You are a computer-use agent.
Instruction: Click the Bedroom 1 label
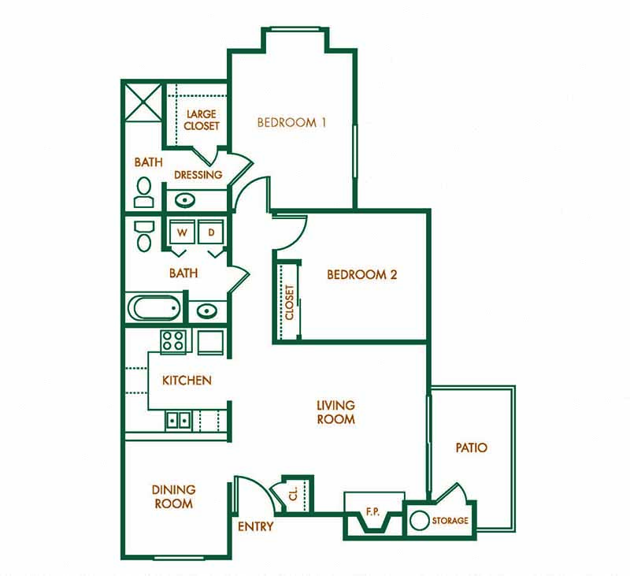coord(291,123)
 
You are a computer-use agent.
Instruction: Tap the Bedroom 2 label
coord(361,275)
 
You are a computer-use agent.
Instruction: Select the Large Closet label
coord(202,120)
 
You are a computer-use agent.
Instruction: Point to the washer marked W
coord(182,232)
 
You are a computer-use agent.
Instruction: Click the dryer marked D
coord(211,232)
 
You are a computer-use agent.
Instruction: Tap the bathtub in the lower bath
coord(156,307)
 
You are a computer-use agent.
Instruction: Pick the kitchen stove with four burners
coord(174,341)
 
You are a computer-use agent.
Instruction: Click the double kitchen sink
coord(179,420)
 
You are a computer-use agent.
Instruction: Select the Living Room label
coord(335,412)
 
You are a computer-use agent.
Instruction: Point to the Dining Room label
coord(173,496)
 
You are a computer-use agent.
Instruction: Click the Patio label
coord(471,448)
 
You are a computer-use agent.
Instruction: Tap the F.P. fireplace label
coord(373,512)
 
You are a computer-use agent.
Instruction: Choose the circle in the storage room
coord(419,521)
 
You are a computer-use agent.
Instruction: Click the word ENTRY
coord(255,526)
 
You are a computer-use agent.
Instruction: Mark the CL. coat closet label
coord(293,493)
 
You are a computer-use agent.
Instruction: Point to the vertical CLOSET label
coord(289,302)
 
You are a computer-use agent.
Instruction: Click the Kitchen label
coord(187,381)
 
